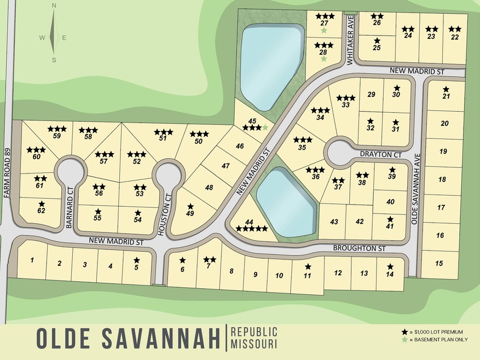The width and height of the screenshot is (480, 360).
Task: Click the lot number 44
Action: click(249, 222)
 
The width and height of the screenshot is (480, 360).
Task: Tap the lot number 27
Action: click(324, 23)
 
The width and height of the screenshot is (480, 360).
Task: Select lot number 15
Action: click(439, 263)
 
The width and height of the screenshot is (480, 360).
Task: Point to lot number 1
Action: click(32, 260)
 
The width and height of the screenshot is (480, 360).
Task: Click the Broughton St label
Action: click(359, 248)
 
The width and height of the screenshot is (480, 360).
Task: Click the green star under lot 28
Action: click(324, 59)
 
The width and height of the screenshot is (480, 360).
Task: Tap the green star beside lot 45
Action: click(265, 127)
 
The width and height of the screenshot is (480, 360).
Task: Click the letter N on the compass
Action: click(54, 5)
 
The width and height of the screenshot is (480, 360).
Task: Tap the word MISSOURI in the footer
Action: click(254, 345)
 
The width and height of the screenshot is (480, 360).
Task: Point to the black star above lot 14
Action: click(390, 266)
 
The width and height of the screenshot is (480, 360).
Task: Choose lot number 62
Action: click(42, 210)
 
